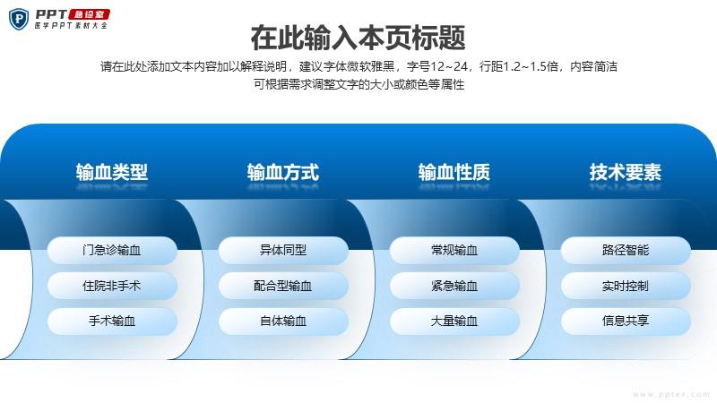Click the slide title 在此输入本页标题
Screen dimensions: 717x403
(358, 38)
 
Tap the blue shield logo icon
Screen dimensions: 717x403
(19, 19)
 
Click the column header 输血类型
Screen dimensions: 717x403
(112, 172)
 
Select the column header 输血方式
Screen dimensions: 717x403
(283, 172)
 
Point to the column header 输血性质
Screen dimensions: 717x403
(454, 172)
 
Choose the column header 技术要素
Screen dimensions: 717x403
(625, 172)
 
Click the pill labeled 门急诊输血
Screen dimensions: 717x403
(112, 250)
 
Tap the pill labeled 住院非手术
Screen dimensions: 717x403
(112, 286)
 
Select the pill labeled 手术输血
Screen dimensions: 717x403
(112, 321)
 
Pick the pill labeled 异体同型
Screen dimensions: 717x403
(283, 250)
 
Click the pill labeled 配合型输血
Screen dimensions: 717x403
(283, 286)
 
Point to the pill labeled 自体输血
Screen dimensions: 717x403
(283, 321)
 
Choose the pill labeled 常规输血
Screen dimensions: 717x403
(454, 250)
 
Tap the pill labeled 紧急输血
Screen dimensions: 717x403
(454, 286)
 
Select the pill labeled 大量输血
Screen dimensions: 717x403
(454, 321)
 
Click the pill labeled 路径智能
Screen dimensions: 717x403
(626, 250)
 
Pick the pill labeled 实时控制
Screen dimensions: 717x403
(626, 286)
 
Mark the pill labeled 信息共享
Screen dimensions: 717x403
(626, 321)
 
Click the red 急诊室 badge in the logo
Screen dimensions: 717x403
(90, 14)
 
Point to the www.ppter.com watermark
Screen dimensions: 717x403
(671, 394)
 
